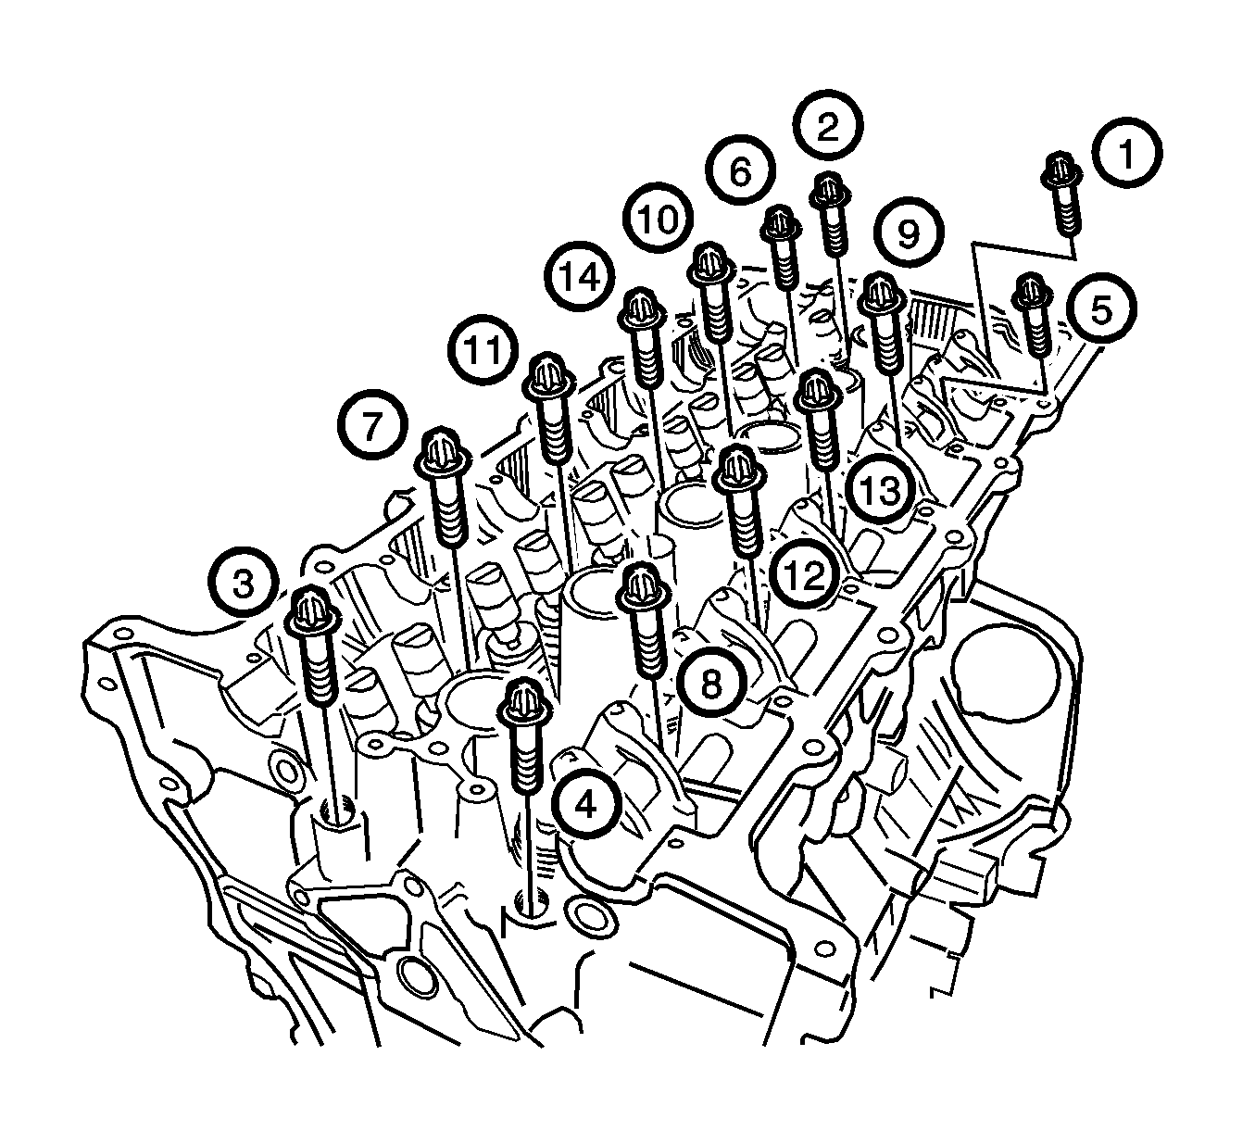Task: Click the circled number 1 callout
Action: tap(1127, 153)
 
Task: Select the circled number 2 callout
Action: tap(828, 126)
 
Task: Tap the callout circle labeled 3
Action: tap(243, 584)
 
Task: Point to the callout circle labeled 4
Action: tap(585, 804)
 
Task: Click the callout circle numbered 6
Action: tap(740, 170)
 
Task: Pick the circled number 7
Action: tap(372, 425)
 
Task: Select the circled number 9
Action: tap(909, 233)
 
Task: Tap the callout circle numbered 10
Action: tap(659, 219)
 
